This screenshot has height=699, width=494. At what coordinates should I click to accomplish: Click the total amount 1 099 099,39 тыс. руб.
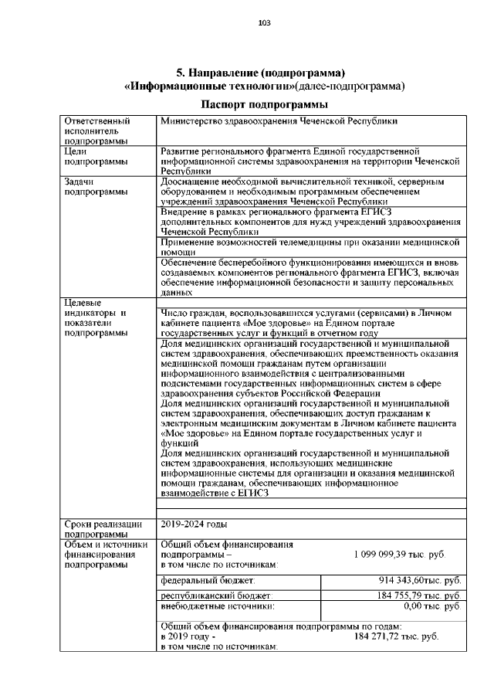(399, 555)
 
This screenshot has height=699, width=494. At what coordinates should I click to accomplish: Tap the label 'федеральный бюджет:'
(208, 579)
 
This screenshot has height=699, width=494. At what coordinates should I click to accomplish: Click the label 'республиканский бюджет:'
(215, 596)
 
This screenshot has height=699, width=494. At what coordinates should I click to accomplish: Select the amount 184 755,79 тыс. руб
(418, 596)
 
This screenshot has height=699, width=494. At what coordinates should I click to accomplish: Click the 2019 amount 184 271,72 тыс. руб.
(396, 636)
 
